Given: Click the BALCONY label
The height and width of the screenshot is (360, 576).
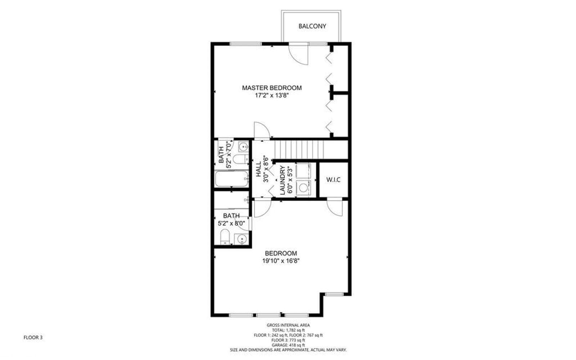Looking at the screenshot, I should pos(312,26).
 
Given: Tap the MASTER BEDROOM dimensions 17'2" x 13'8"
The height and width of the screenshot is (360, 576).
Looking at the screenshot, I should pos(272,96).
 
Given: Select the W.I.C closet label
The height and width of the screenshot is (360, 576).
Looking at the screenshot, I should pos(333,180).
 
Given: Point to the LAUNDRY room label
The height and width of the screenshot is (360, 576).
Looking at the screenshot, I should pos(283,180).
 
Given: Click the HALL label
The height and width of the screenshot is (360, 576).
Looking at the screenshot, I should pos(259,169).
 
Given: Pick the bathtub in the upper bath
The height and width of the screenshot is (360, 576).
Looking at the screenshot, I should pos(231,179).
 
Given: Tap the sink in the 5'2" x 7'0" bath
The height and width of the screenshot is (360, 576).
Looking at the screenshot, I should pos(243,147).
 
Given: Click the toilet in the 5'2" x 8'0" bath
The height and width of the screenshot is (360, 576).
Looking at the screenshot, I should pos(225,236).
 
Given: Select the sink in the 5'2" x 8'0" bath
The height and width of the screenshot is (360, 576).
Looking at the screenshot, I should pos(241,238).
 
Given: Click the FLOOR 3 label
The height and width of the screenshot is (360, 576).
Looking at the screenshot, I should pos(33,338).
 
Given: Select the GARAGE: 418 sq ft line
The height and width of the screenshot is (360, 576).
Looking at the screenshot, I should pos(288,345).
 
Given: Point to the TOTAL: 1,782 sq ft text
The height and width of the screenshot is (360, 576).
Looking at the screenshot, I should pos(288,330).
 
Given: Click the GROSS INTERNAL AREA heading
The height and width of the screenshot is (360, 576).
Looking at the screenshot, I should pos(288,325).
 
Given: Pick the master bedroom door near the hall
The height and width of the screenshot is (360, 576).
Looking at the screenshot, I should pos(261,130).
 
